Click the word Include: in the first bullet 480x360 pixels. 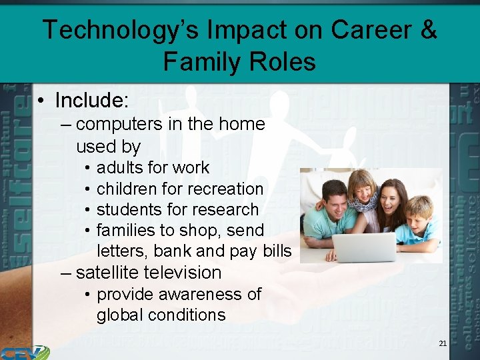tap(91, 100)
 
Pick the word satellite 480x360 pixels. tap(107, 273)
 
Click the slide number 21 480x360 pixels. tap(443, 343)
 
